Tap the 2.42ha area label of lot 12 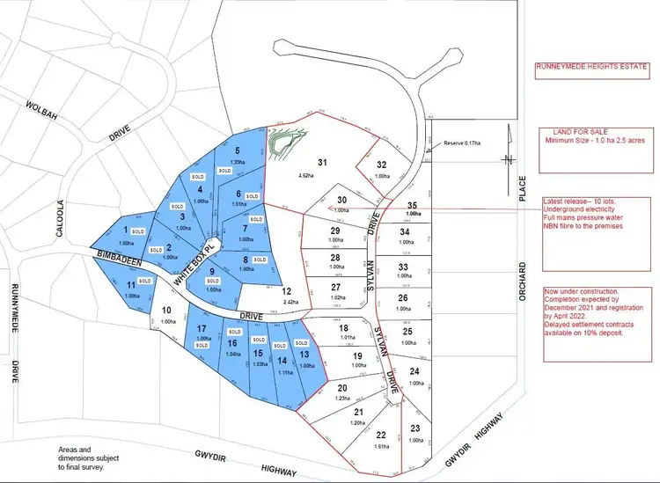click(285, 302)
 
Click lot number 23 click(414, 428)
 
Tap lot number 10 click(166, 310)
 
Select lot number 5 click(237, 150)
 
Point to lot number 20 click(343, 388)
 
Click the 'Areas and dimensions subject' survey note click(85, 454)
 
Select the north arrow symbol click(508, 158)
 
